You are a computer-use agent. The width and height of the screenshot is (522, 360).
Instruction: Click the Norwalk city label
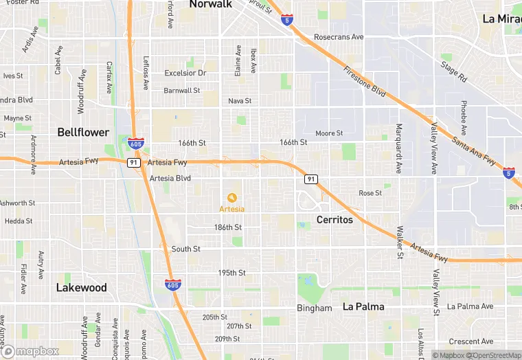pos(210,5)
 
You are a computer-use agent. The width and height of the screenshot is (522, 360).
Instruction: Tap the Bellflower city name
pos(82,131)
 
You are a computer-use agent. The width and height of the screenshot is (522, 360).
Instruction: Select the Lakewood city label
pos(81,287)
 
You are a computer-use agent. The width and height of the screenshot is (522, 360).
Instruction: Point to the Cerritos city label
pos(334,220)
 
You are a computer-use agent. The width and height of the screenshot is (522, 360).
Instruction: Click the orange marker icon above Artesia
pos(231,198)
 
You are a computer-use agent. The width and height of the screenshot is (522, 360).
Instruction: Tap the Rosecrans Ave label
pos(339,36)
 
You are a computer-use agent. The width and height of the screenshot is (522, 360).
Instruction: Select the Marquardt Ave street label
pos(398,148)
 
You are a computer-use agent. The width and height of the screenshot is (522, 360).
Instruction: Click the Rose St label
pos(370,193)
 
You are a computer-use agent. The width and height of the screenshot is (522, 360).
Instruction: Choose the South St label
pos(185,249)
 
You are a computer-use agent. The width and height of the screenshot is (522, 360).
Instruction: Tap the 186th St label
pos(227,227)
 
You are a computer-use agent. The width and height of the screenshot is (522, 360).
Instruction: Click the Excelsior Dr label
pos(185,73)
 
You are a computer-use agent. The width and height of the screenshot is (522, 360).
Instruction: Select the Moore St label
pos(328,133)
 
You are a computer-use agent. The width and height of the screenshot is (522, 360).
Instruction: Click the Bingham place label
pos(314,308)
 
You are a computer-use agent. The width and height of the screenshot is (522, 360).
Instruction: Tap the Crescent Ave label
pos(470,341)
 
